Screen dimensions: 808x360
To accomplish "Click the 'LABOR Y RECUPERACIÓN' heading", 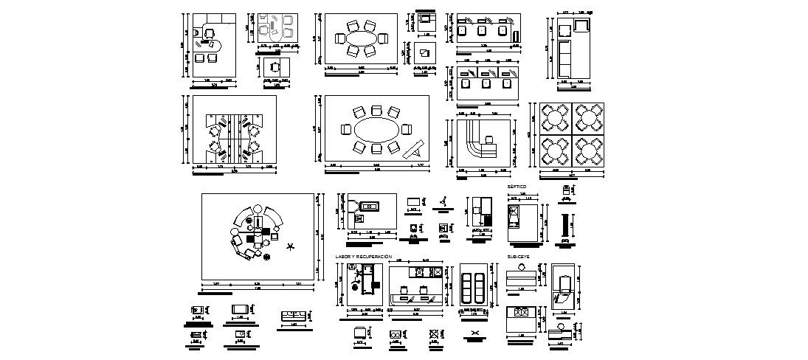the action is (x=363, y=257).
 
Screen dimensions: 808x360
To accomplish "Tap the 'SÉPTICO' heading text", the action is (x=517, y=187).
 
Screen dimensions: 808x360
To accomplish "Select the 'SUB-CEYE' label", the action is (x=518, y=257).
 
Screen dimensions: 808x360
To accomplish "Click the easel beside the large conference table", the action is (x=413, y=150).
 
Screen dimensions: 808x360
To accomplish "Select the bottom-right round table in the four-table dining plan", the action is (x=589, y=150).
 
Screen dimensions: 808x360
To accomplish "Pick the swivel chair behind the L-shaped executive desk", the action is (x=211, y=32).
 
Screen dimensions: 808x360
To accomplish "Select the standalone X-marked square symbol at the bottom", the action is (x=435, y=334).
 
